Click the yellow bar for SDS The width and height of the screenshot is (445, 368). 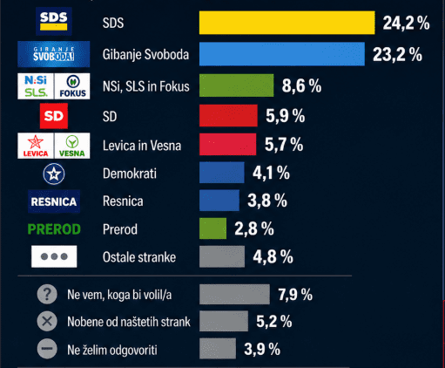point(287,23)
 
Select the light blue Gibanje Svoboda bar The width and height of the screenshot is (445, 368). point(281,54)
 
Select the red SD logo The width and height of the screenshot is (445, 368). point(53,115)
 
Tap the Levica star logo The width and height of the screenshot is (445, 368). point(35,145)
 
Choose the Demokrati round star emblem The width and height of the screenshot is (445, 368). point(54,173)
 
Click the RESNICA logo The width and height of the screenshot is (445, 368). point(53,201)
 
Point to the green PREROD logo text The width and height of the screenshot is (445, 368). point(53,229)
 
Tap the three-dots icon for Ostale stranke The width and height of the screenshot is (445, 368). point(54,257)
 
